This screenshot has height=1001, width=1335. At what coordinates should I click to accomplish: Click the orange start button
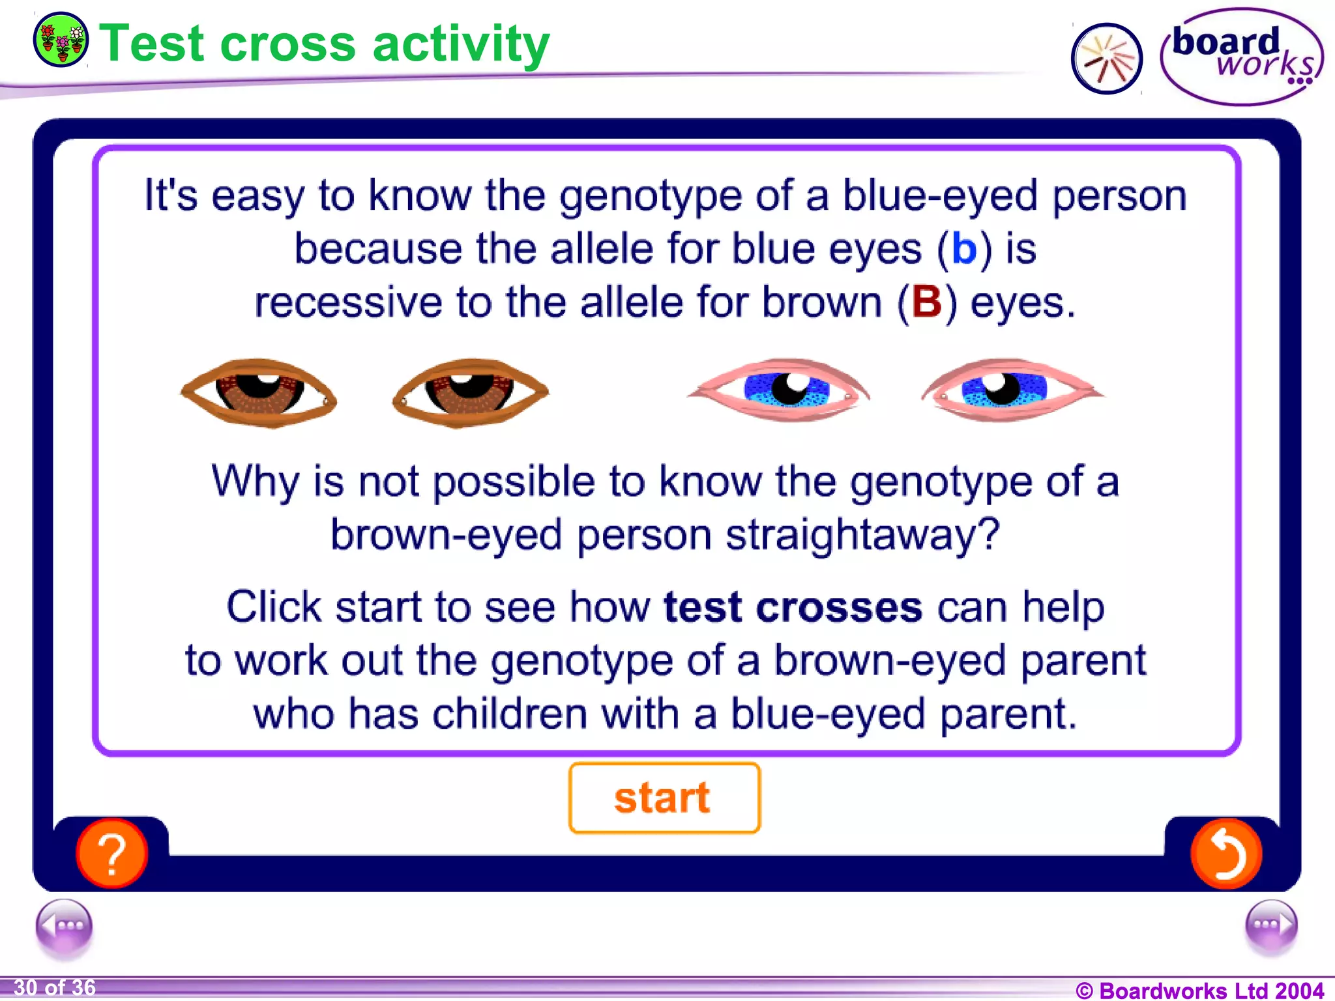pos(664,798)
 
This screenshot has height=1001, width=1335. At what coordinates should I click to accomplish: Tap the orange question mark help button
pos(111,853)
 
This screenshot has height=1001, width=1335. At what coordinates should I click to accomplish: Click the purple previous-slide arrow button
pos(64,925)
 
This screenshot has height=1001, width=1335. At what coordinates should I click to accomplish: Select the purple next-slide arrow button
pos(1270,925)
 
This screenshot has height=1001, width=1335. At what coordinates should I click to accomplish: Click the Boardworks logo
pos(1242,57)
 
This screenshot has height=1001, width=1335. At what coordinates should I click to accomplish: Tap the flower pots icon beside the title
pos(61,40)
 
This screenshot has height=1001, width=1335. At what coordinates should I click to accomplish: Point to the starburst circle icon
pos(1106,59)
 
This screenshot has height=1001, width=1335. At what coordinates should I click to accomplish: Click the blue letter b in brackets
pos(964,249)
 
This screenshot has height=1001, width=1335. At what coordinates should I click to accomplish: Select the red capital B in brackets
pos(926,302)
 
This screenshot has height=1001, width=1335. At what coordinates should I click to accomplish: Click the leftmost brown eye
pos(259,392)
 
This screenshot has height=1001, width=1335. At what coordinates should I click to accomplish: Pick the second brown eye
pos(470,392)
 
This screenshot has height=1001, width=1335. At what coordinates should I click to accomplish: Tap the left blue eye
pos(780,389)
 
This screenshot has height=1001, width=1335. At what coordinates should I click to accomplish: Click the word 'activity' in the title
pos(461,44)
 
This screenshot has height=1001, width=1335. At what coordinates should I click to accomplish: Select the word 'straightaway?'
pos(862,535)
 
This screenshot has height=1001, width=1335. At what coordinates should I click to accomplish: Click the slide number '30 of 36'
pos(55,988)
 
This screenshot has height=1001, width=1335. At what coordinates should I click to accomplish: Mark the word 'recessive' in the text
pos(347,303)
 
